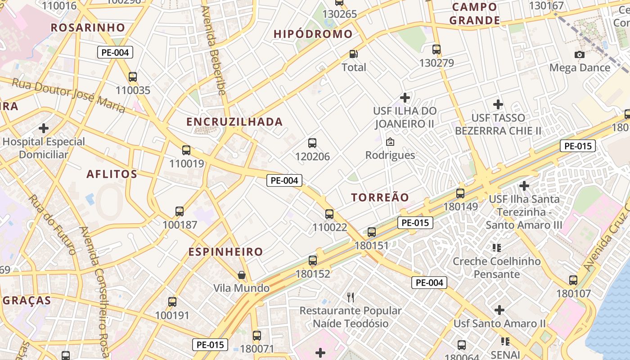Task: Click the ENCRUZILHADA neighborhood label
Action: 234,122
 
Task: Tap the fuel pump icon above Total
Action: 354,54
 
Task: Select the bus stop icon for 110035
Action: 133,76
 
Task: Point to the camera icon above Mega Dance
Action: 580,54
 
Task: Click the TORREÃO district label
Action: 380,198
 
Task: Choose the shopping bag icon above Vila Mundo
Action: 242,274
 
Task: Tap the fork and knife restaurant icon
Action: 351,297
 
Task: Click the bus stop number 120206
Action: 312,157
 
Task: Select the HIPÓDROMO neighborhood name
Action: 313,34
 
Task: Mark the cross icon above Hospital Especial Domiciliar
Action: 44,128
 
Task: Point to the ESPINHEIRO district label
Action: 225,252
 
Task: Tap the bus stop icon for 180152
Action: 313,260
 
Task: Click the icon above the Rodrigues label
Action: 390,142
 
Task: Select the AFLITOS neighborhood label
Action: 112,174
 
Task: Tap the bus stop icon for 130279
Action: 436,49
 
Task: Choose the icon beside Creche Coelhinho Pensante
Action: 497,247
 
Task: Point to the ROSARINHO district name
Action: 88,27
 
